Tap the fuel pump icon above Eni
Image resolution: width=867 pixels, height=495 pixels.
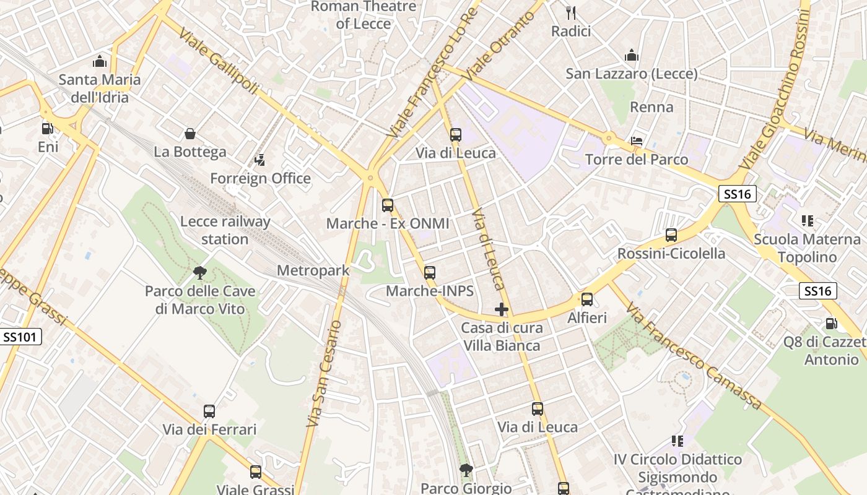pyautogui.click(x=47, y=129)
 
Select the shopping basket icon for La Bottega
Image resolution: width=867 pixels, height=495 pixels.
pyautogui.click(x=190, y=134)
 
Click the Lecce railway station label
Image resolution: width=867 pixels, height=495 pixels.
pyautogui.click(x=225, y=230)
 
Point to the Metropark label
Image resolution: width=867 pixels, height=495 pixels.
pyautogui.click(x=313, y=270)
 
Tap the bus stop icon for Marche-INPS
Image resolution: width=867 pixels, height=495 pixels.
pyautogui.click(x=430, y=272)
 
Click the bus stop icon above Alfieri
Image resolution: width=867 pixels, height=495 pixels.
pyautogui.click(x=587, y=299)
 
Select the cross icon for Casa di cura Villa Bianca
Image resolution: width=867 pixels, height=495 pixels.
pyautogui.click(x=502, y=309)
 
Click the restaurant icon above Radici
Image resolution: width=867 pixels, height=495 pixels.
pyautogui.click(x=571, y=12)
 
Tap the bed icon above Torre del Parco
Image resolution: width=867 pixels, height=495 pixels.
pyautogui.click(x=637, y=141)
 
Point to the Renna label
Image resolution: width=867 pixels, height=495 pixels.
pyautogui.click(x=651, y=107)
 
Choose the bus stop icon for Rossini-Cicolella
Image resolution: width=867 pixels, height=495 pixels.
pyautogui.click(x=671, y=235)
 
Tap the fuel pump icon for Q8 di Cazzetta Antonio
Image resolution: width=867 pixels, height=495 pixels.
pyautogui.click(x=831, y=324)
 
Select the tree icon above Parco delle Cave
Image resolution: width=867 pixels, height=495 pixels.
pyautogui.click(x=199, y=272)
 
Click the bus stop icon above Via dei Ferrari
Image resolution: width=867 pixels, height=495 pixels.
pyautogui.click(x=209, y=411)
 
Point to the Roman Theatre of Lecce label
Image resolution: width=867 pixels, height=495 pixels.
pyautogui.click(x=364, y=15)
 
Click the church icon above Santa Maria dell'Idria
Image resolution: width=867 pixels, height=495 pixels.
pyautogui.click(x=99, y=61)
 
